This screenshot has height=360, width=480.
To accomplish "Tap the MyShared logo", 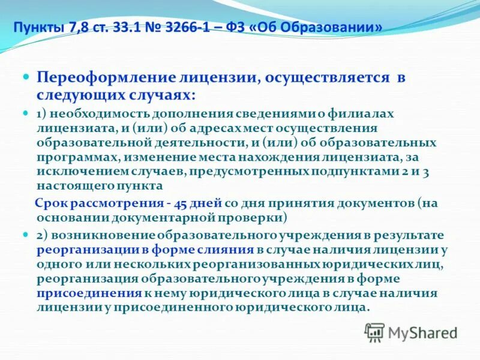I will coord(411,332).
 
